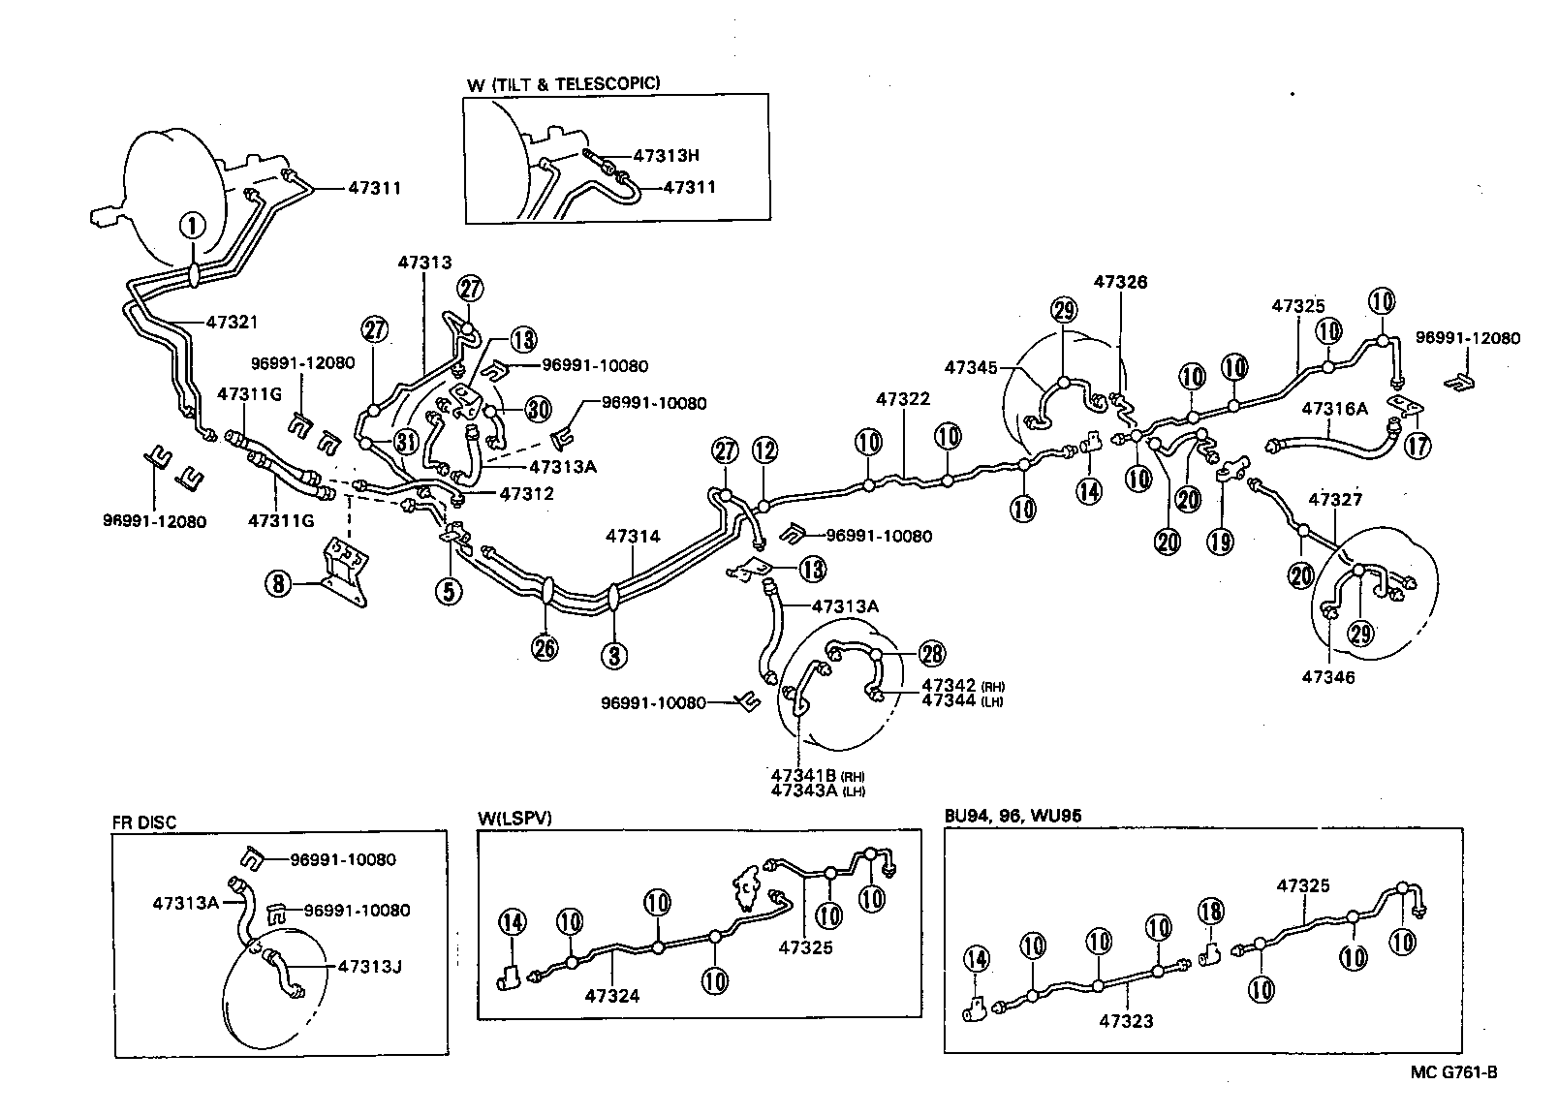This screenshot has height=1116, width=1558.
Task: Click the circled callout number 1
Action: pos(192,227)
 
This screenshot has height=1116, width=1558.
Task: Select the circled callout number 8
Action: pos(279,584)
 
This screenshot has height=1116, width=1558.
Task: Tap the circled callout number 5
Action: pos(448,590)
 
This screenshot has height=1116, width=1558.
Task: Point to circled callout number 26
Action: pos(545,647)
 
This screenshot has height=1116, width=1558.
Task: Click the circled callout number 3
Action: pos(613,656)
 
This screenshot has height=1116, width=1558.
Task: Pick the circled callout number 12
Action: pos(764,450)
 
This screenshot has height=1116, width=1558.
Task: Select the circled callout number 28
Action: pos(933,653)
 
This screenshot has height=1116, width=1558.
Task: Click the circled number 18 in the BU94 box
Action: pos(1211,912)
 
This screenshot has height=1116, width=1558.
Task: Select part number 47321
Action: pos(233,323)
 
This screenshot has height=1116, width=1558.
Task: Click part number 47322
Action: pos(903,398)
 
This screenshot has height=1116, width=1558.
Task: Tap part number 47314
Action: pos(633,536)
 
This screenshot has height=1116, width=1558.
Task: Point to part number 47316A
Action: pos(1334,409)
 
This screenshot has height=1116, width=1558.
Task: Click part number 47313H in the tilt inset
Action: pos(667,155)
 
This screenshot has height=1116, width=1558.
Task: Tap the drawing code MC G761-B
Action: pos(1453,1071)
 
